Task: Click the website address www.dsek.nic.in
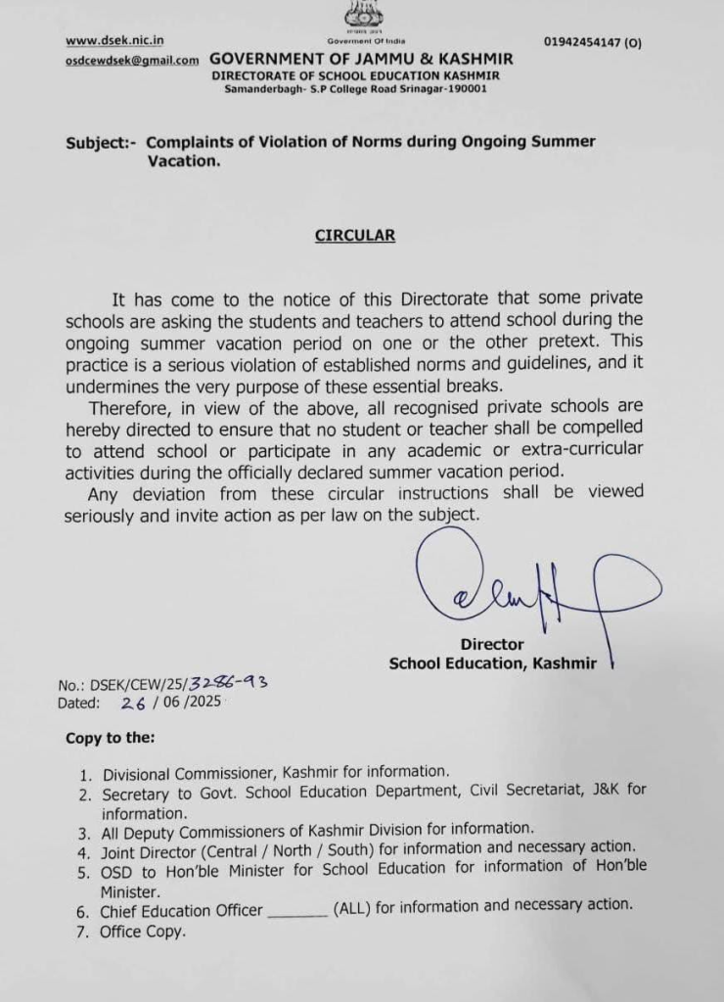click(x=114, y=40)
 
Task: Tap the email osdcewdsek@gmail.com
click(x=132, y=61)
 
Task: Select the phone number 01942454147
click(x=585, y=43)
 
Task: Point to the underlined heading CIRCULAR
click(x=354, y=236)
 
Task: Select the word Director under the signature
click(x=492, y=644)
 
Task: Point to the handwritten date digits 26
click(x=134, y=702)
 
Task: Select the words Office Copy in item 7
click(x=142, y=932)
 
